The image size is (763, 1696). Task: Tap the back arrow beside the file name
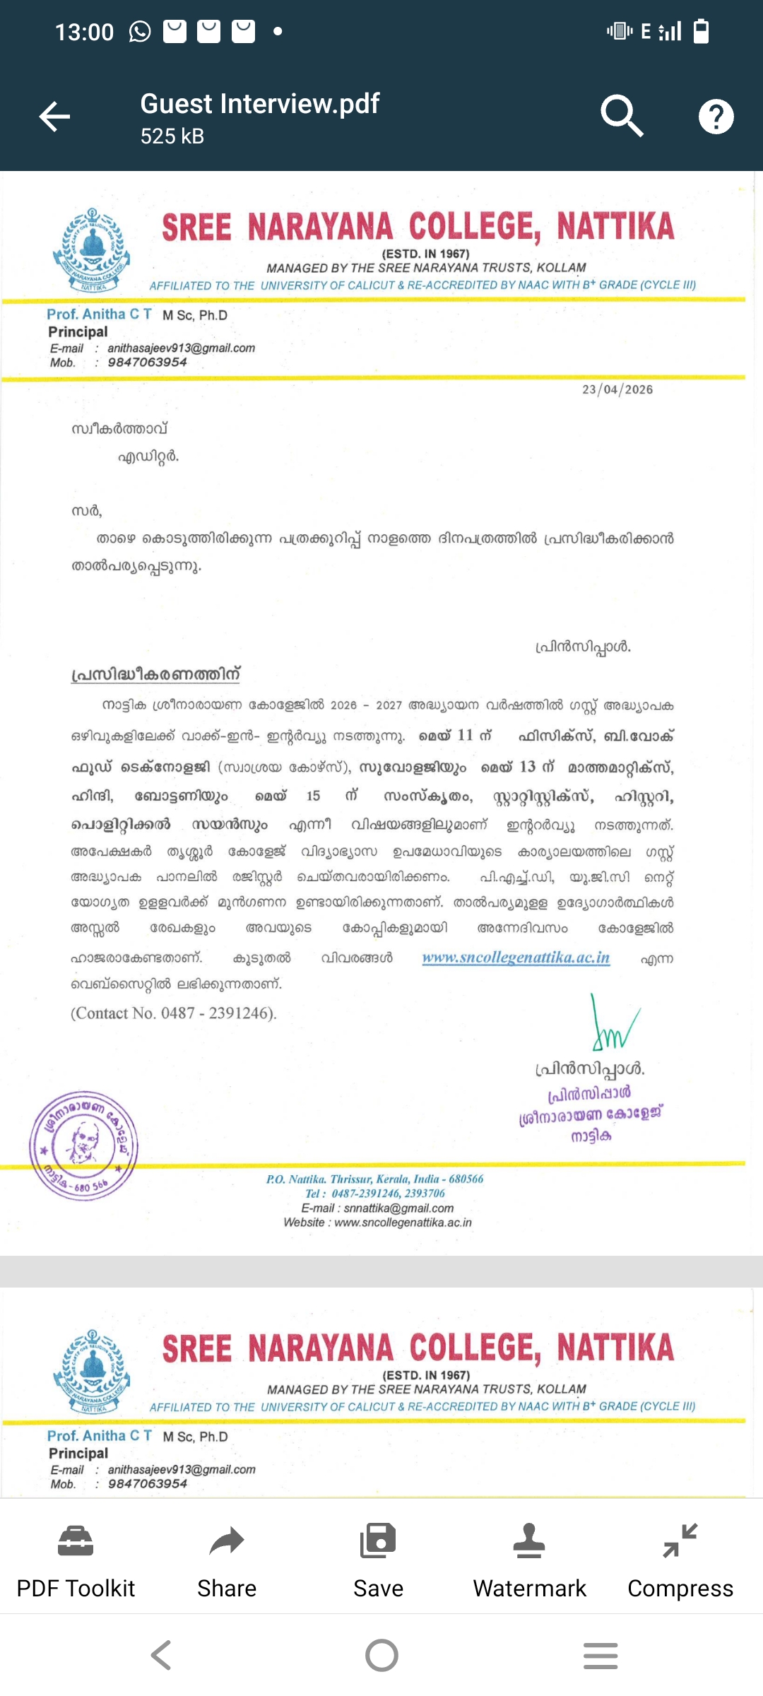click(54, 117)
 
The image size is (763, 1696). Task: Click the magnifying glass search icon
click(621, 115)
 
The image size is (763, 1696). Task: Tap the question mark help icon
click(716, 117)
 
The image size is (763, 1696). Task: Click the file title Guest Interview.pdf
click(259, 104)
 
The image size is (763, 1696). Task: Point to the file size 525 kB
click(172, 136)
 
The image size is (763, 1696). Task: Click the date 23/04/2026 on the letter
click(617, 389)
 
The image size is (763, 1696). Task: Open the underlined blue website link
click(516, 958)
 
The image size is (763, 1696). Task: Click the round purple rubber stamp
click(83, 1145)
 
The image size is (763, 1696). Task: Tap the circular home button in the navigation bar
click(381, 1655)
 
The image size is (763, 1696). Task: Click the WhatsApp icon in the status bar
click(140, 32)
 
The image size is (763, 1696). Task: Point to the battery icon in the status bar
click(701, 31)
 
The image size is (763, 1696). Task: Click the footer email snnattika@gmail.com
click(398, 1208)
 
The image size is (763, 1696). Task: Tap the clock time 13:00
click(84, 32)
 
